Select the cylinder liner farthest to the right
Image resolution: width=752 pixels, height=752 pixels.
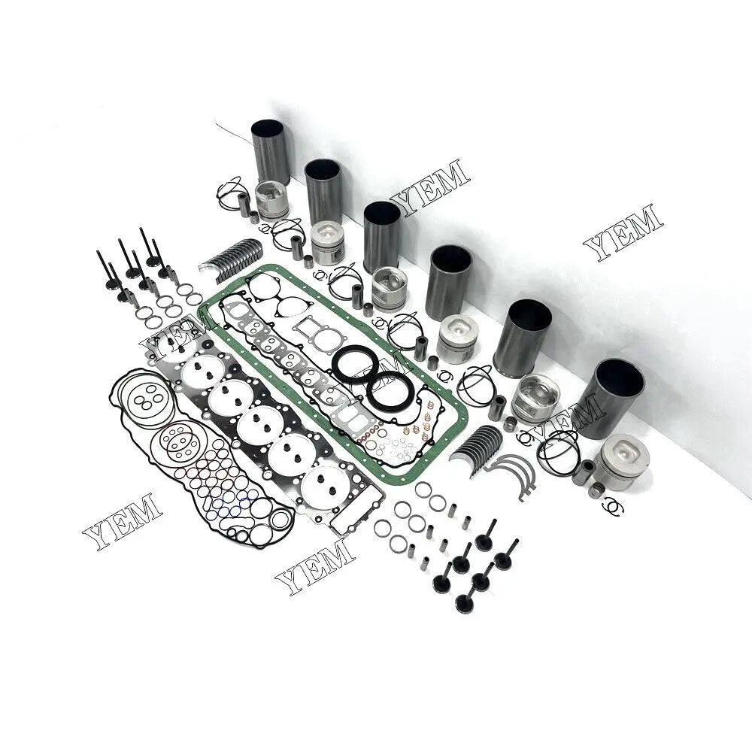point(619,399)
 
